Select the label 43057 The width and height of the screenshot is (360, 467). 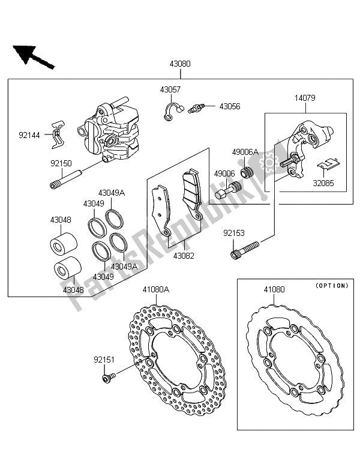[x=170, y=89]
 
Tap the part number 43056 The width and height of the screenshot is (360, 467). [x=229, y=106]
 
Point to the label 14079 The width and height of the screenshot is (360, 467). [x=305, y=97]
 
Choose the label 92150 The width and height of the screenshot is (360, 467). [x=59, y=162]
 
